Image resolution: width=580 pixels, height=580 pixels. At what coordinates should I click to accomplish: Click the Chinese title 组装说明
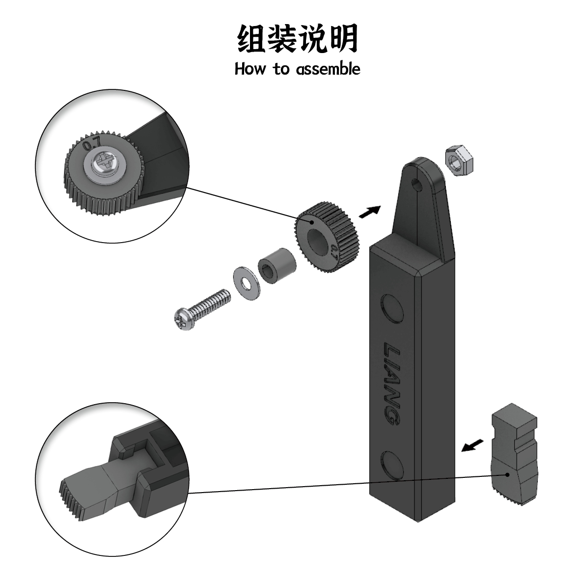(297, 39)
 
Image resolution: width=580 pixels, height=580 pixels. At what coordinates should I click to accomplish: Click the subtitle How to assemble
(297, 68)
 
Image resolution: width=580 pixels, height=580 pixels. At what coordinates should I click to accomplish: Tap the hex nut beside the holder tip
(458, 159)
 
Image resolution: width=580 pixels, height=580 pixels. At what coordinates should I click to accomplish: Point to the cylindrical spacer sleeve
(276, 266)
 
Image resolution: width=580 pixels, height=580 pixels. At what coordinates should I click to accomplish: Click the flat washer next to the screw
(244, 282)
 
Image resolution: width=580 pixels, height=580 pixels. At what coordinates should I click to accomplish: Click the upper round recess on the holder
(393, 308)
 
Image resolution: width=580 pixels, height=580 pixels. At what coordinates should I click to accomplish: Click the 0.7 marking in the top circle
(91, 144)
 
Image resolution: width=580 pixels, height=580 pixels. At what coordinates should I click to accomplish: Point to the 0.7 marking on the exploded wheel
(334, 251)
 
